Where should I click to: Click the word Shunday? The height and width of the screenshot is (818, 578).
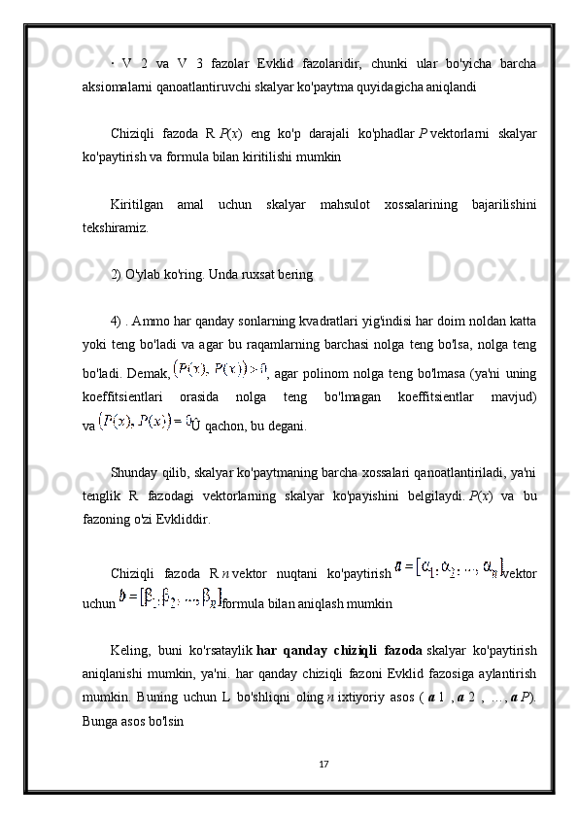[x=136, y=472]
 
